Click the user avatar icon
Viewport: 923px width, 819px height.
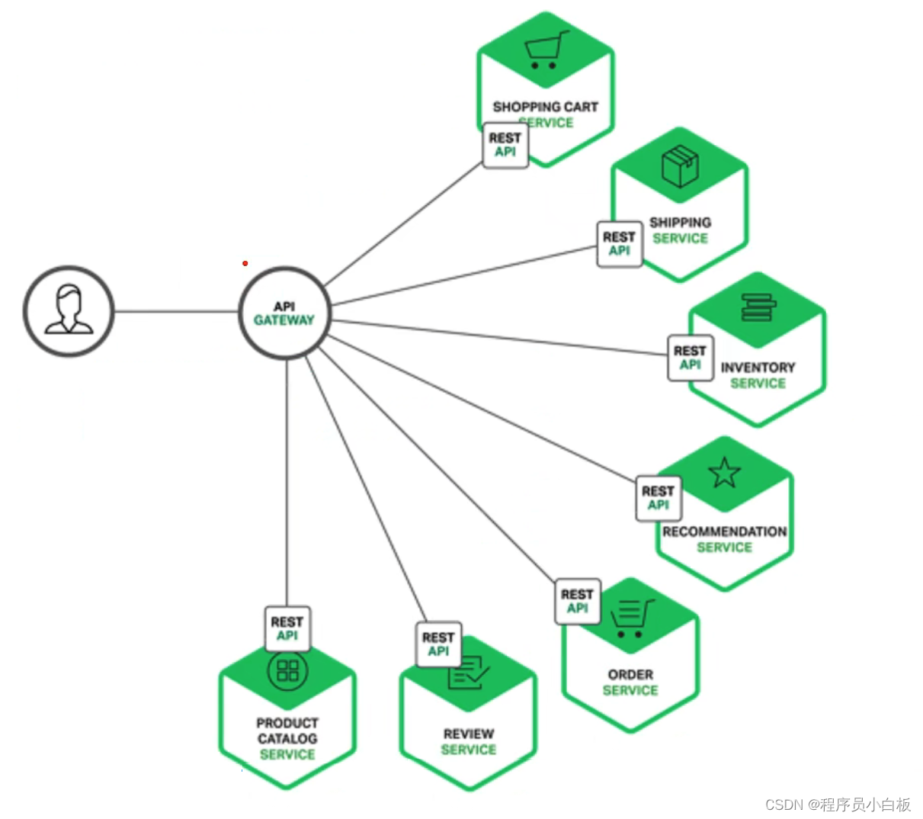pyautogui.click(x=69, y=310)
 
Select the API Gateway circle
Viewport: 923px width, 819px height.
pyautogui.click(x=285, y=313)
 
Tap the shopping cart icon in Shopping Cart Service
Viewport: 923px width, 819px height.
pyautogui.click(x=546, y=50)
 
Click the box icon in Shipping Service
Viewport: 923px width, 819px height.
pyautogui.click(x=680, y=167)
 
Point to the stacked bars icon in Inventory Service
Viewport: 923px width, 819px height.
pyautogui.click(x=758, y=307)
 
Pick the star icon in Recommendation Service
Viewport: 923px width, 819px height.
pyautogui.click(x=724, y=473)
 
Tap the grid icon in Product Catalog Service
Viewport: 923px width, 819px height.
pyautogui.click(x=287, y=670)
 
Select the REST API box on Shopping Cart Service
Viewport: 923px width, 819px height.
pyautogui.click(x=505, y=145)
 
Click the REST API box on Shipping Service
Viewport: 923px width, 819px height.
pyautogui.click(x=619, y=244)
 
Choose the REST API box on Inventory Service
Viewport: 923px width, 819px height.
pyautogui.click(x=690, y=358)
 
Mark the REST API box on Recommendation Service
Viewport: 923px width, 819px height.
pyautogui.click(x=658, y=498)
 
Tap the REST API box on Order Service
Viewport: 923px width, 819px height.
pyautogui.click(x=577, y=601)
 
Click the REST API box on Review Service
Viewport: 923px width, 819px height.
pyautogui.click(x=438, y=644)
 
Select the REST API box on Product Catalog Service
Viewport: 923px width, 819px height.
pyautogui.click(x=287, y=628)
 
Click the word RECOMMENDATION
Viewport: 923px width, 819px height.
pyautogui.click(x=724, y=532)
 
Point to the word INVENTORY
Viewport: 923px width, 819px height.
pyautogui.click(x=758, y=368)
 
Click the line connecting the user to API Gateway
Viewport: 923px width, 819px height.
pyautogui.click(x=175, y=311)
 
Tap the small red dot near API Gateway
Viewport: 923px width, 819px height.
pyautogui.click(x=245, y=263)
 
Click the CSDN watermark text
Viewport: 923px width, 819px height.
pyautogui.click(x=838, y=805)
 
